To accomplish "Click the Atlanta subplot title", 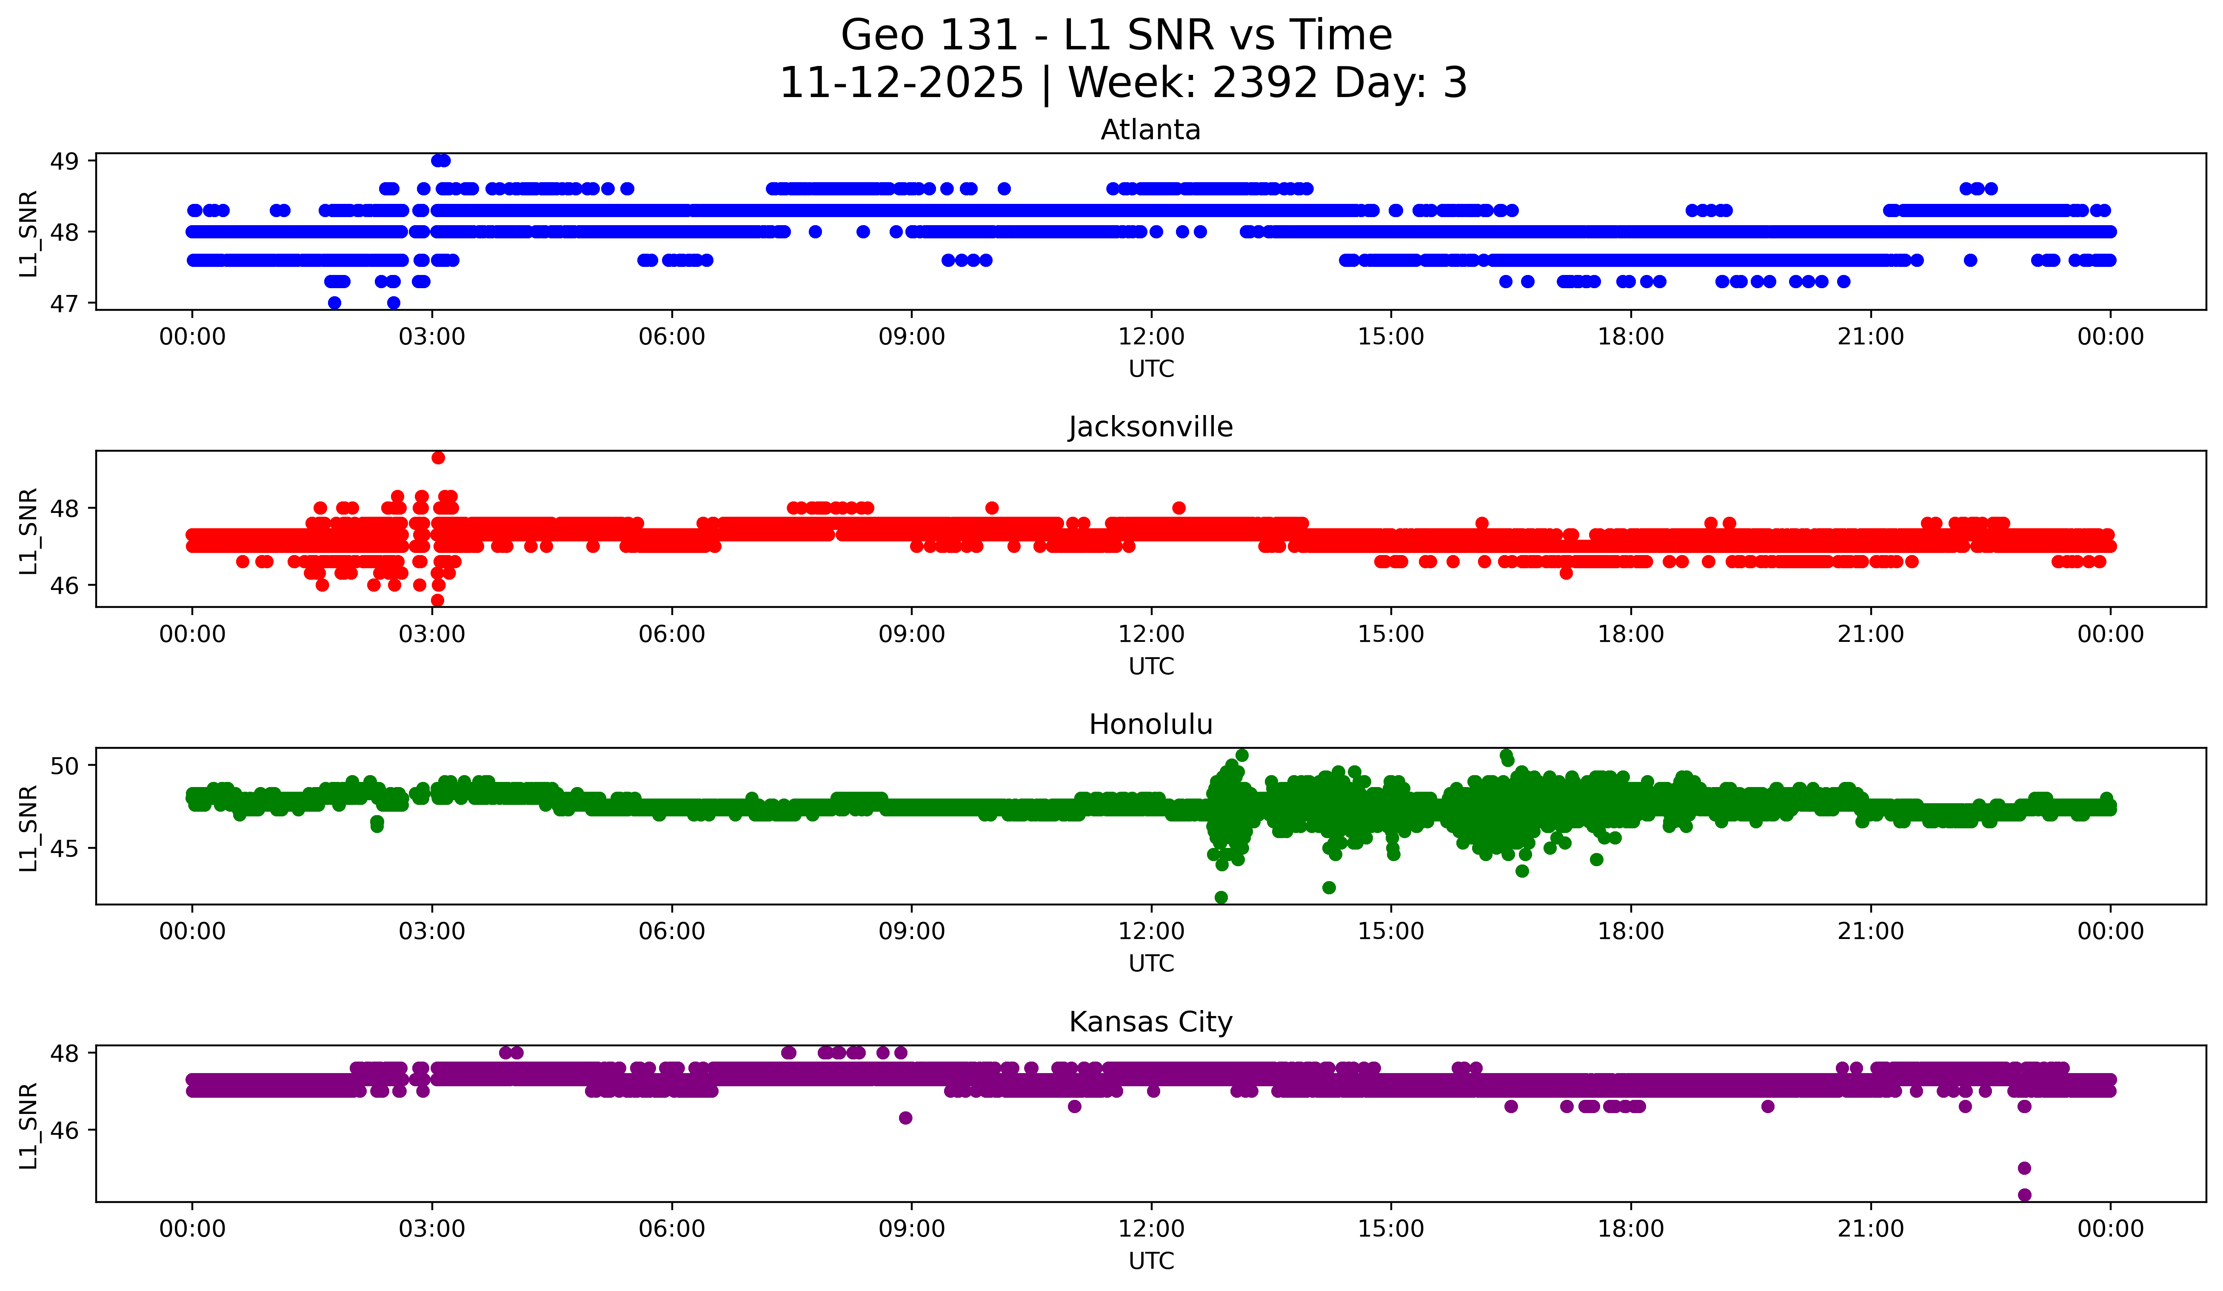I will click(1150, 130).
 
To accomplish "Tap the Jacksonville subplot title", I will click(1150, 427).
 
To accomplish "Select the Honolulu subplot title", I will click(1150, 724).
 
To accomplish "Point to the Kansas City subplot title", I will click(1150, 1022).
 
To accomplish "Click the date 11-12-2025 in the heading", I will click(902, 83).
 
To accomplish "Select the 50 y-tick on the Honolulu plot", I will click(64, 766).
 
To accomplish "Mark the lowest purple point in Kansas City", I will click(2024, 1195).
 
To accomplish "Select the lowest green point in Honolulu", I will click(1221, 897).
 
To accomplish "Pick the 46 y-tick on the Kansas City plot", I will click(64, 1131).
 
